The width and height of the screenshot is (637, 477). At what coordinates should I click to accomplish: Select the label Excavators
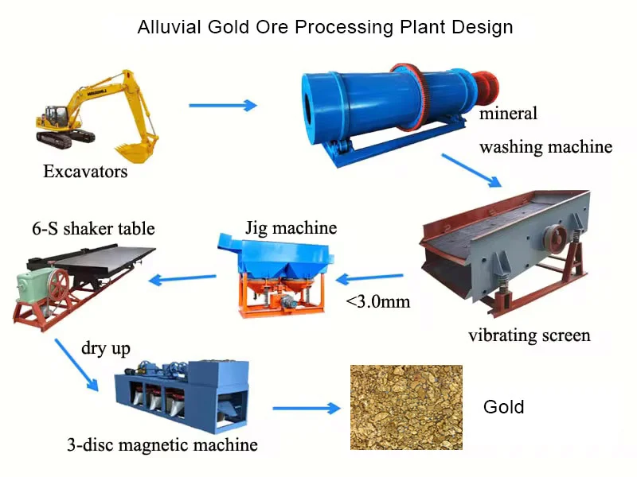point(85,171)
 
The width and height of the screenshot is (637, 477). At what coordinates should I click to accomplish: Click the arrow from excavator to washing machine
point(224,104)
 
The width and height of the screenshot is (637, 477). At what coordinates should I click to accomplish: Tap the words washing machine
point(545,146)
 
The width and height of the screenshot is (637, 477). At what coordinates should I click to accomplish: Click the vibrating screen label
point(529,335)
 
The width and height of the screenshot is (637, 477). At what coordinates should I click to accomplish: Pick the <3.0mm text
point(377,301)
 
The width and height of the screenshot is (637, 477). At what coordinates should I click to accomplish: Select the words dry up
point(106,348)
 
